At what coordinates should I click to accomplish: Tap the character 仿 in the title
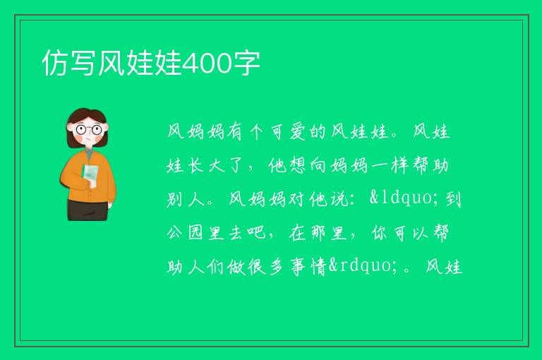click(x=55, y=63)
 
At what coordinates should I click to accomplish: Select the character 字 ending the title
click(x=246, y=63)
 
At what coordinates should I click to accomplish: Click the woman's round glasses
click(x=89, y=130)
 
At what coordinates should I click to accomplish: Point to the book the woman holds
click(x=90, y=175)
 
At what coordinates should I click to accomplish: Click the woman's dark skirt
click(x=88, y=210)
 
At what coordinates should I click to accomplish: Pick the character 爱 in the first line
click(x=298, y=131)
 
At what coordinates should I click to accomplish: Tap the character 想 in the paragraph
click(x=297, y=165)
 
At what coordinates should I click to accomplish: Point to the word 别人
click(x=186, y=199)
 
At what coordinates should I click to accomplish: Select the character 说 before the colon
click(x=339, y=199)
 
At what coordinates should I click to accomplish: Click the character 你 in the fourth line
click(x=380, y=232)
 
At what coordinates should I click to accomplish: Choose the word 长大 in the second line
click(x=206, y=165)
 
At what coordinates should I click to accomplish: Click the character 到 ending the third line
click(x=453, y=199)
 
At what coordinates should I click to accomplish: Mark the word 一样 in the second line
click(x=390, y=165)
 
